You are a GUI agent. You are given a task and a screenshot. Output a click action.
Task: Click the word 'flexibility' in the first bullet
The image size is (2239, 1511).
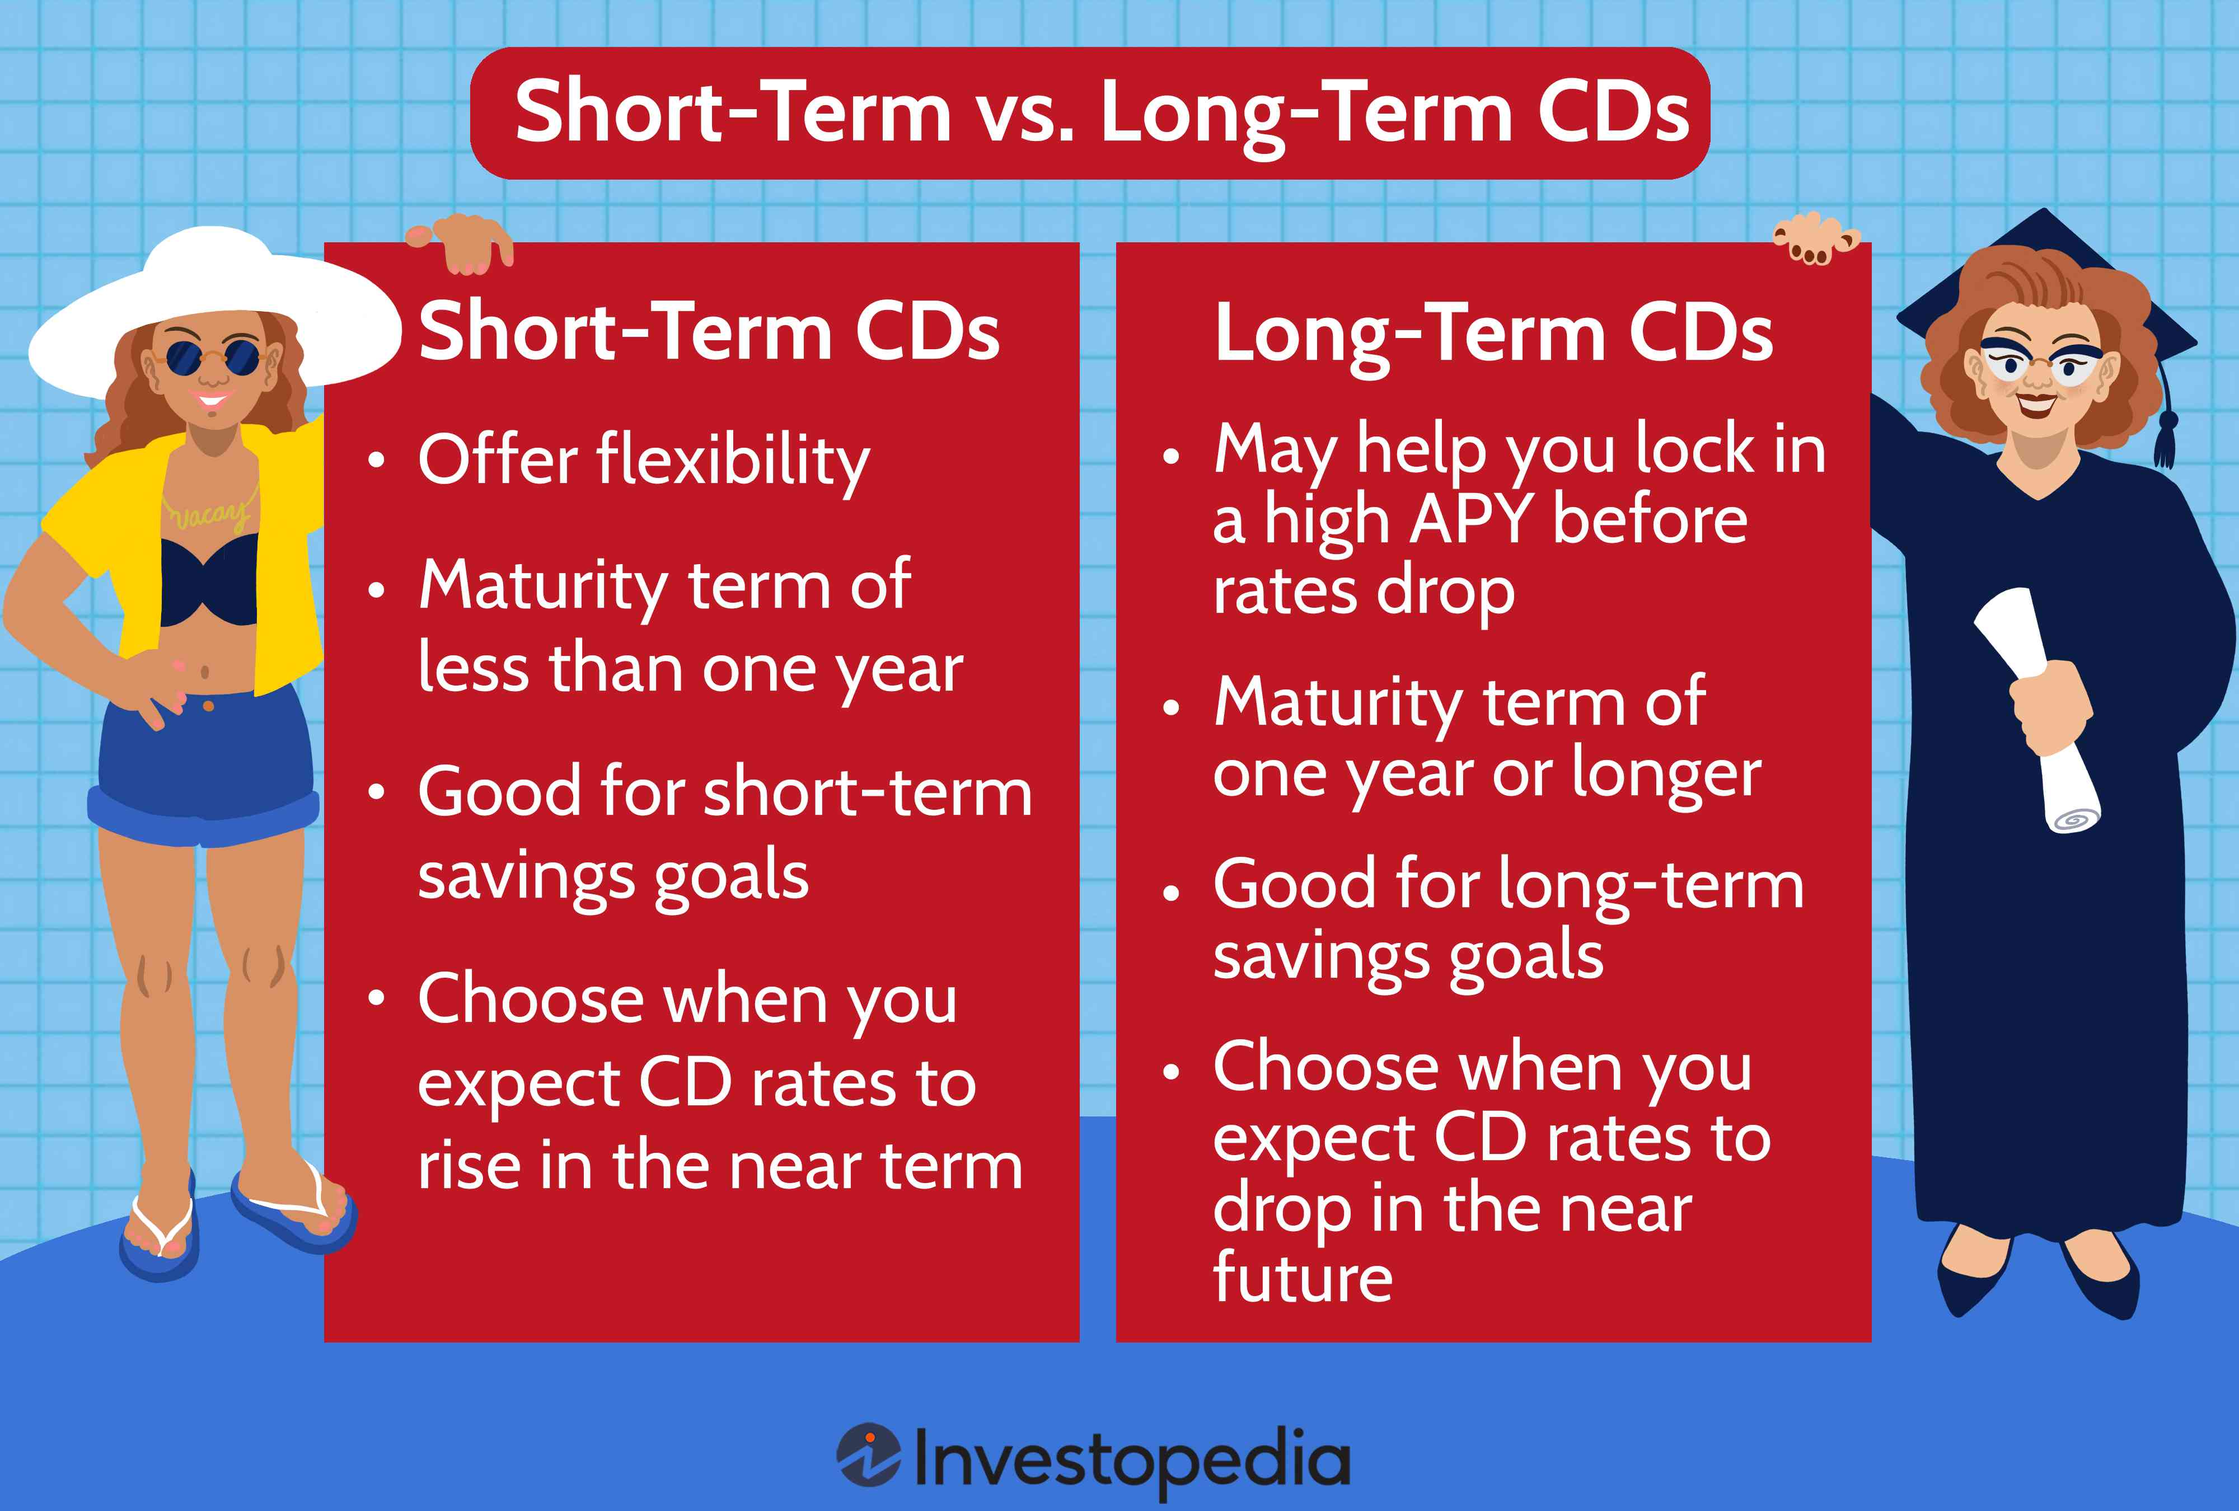click(732, 461)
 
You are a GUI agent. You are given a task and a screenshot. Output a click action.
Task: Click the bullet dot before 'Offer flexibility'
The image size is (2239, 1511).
click(377, 461)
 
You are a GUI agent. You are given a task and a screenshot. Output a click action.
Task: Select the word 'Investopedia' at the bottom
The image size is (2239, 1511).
click(1131, 1459)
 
